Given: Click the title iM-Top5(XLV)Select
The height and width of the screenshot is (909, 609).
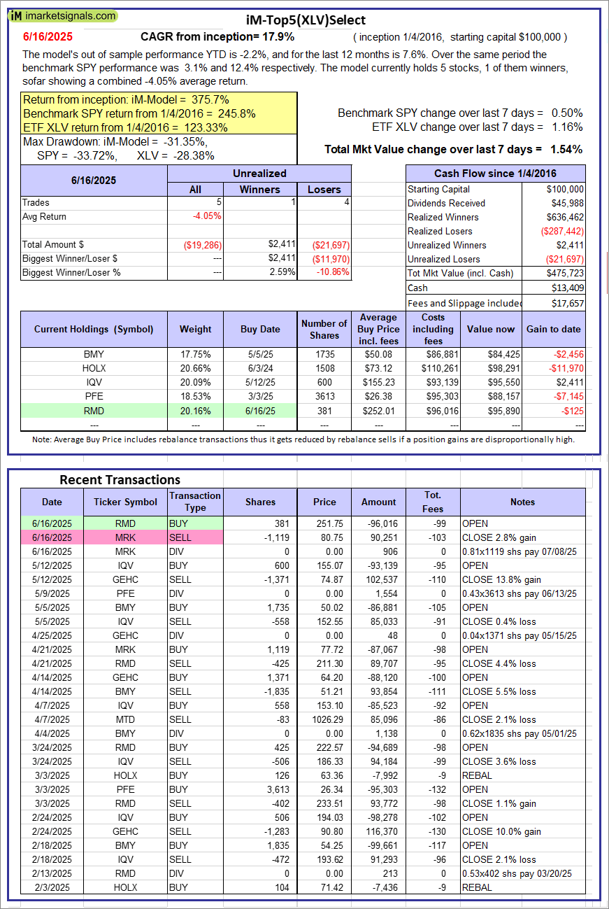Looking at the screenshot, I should [305, 20].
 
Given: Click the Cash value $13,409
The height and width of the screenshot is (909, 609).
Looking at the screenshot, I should [568, 288].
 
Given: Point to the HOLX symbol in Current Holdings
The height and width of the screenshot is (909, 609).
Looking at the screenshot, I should [93, 369].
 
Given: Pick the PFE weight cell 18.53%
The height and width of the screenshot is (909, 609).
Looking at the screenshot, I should [195, 397].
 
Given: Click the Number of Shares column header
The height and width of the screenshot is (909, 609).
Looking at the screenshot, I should [324, 329].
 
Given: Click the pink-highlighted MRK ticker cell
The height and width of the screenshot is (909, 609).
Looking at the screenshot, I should [126, 537].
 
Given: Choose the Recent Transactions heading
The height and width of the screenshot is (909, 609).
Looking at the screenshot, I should [120, 479].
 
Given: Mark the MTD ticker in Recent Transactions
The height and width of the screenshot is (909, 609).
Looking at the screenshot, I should [126, 719].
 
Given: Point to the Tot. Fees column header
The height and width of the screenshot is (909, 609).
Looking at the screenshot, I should [433, 502].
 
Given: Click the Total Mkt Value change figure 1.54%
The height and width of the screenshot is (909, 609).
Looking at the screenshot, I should [567, 149].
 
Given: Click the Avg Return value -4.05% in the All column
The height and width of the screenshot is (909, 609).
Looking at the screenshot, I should [207, 216].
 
